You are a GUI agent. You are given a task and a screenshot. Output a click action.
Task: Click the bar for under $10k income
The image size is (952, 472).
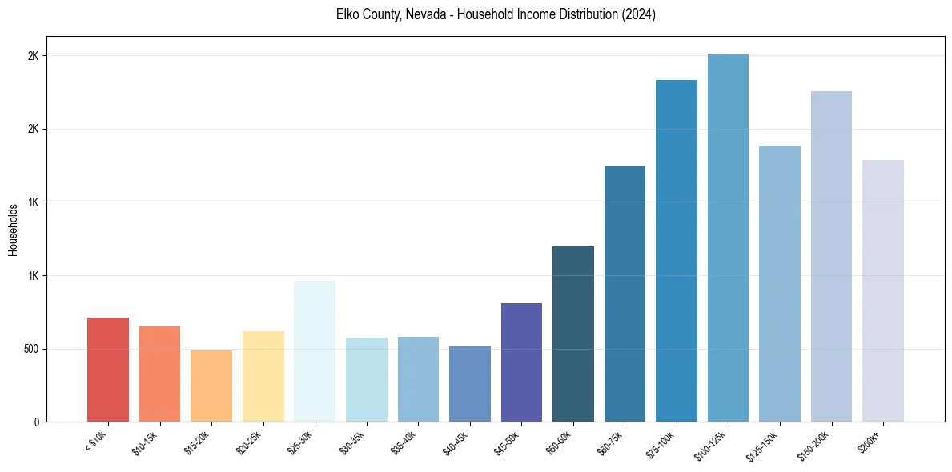tap(108, 370)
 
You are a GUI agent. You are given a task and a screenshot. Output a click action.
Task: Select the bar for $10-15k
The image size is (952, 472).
tap(159, 374)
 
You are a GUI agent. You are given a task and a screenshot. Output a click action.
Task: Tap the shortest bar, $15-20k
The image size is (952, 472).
tap(211, 386)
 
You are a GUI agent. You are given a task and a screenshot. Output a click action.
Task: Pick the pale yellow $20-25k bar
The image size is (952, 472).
tap(263, 376)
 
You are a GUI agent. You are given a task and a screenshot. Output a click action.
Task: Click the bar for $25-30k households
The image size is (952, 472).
tap(315, 351)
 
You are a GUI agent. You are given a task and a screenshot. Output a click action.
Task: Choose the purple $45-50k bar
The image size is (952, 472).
tap(521, 362)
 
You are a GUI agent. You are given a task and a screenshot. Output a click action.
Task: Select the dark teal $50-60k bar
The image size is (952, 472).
tap(573, 334)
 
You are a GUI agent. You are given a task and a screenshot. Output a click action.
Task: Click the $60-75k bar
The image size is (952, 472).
tap(625, 294)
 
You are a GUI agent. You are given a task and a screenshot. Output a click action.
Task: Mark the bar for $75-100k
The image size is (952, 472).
tap(677, 250)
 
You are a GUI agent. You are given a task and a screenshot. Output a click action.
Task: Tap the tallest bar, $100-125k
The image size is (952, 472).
tap(728, 238)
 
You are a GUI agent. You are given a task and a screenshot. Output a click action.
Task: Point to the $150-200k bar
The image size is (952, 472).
tap(831, 256)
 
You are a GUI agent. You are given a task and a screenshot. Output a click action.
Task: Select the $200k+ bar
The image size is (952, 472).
tap(883, 290)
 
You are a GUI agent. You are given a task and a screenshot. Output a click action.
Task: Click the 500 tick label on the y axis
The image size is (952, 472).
tap(38, 349)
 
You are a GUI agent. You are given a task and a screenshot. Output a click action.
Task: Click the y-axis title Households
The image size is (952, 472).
tap(13, 230)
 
